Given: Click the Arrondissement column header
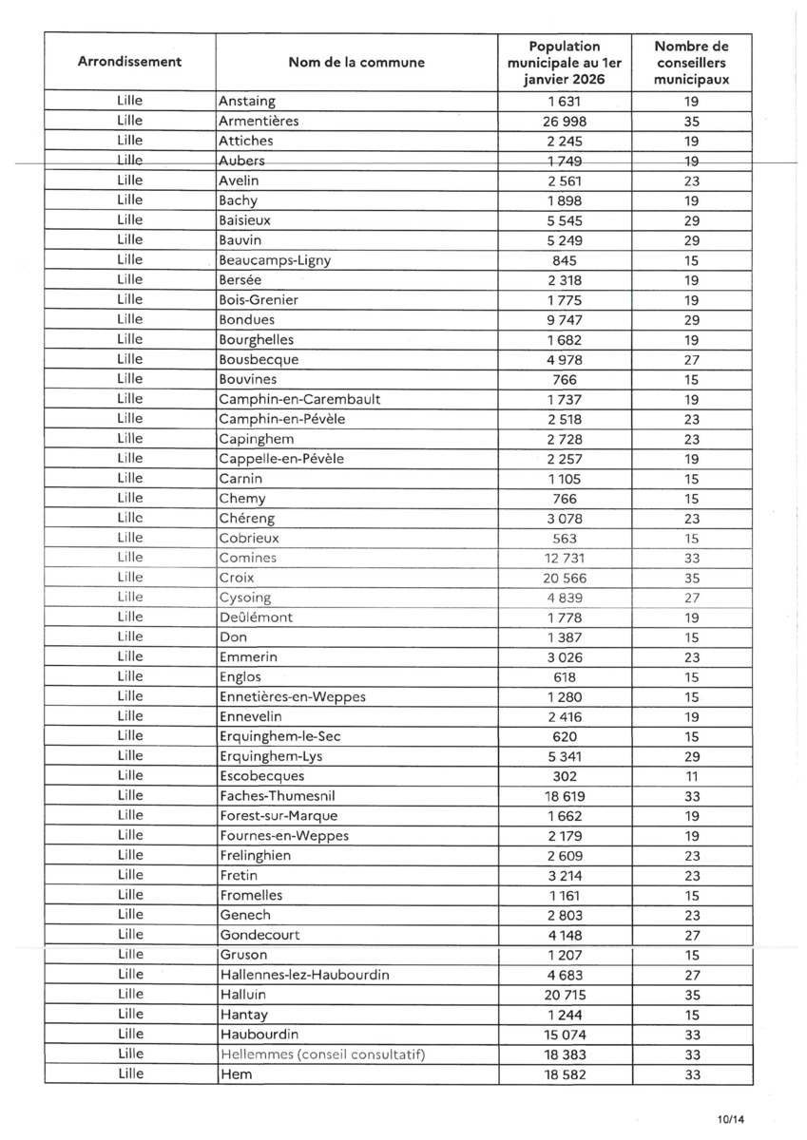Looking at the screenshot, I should [129, 62].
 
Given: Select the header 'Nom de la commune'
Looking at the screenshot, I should [356, 63].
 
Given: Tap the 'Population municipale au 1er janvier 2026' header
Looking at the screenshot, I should [565, 63].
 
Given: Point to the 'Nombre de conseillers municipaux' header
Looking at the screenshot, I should [691, 63].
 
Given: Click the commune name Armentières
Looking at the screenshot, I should [259, 121].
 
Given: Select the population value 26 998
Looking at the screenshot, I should [565, 121].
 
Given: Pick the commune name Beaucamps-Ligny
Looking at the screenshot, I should [275, 260].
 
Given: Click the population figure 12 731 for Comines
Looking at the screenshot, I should [565, 558].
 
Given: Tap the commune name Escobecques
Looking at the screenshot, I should [261, 775].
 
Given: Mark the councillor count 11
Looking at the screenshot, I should [691, 775].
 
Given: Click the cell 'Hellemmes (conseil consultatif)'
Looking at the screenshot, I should [321, 1054].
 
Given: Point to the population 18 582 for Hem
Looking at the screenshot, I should [565, 1073].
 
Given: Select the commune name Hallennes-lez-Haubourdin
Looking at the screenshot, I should [304, 974].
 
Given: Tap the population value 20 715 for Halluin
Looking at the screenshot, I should [565, 994].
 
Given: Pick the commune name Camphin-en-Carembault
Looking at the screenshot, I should [292, 399].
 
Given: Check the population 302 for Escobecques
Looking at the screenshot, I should [565, 775].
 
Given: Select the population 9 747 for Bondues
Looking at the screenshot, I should [565, 319].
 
